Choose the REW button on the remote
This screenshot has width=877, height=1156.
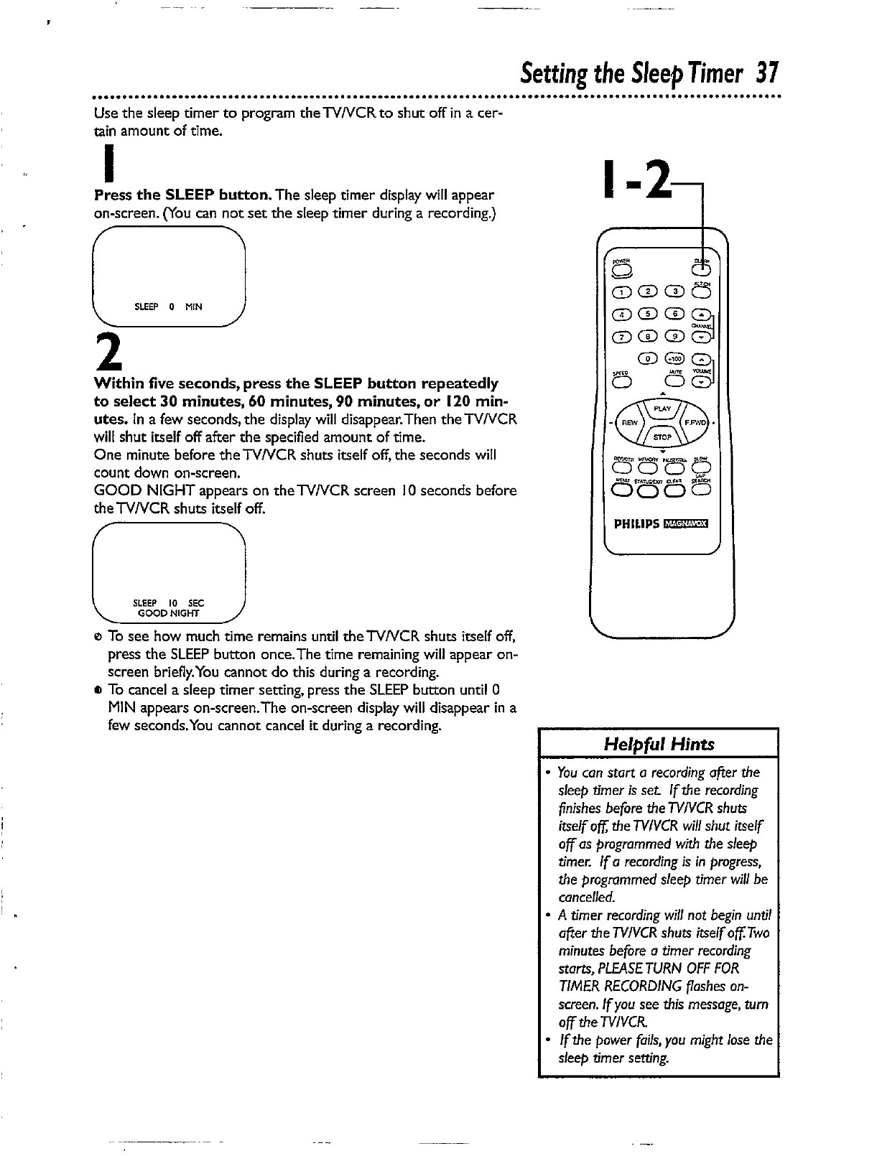630,423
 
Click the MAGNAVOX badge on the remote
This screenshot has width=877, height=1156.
686,523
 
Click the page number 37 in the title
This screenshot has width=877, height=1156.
766,73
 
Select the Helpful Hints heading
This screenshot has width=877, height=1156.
659,744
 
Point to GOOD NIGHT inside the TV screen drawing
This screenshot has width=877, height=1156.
168,613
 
